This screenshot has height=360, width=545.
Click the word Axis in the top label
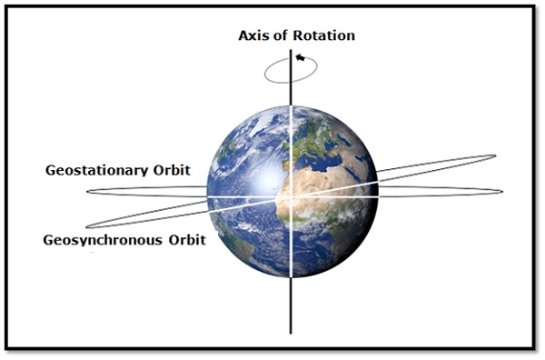(253, 35)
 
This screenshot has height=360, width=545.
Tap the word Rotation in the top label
(322, 35)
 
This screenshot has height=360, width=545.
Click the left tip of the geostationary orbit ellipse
(90, 192)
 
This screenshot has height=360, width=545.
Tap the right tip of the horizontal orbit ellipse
(501, 191)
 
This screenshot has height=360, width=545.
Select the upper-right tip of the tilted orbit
(494, 157)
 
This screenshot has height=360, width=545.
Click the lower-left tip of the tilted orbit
(87, 226)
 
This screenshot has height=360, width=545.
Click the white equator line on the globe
(245, 197)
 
